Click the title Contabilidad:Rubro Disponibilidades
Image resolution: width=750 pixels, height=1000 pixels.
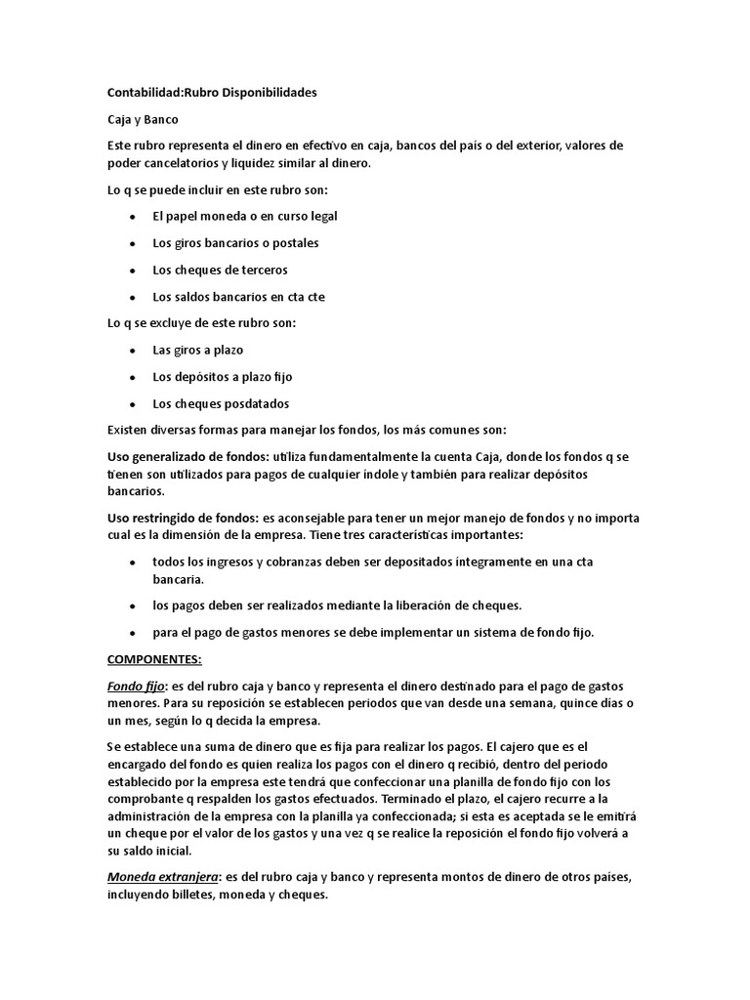[x=212, y=93]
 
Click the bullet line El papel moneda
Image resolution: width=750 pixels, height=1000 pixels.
[x=244, y=216]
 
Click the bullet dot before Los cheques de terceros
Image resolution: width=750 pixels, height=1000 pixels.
[x=132, y=270]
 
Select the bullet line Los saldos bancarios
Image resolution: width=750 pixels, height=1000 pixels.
[x=238, y=296]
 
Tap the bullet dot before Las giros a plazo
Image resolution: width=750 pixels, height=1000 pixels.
[x=132, y=350]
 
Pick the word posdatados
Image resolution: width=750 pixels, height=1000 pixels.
[x=257, y=403]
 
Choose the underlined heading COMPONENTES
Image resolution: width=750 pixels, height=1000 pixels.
[x=153, y=659]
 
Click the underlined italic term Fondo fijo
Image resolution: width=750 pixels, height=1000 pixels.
[x=136, y=686]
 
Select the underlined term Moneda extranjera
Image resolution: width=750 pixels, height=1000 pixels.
[x=161, y=878]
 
